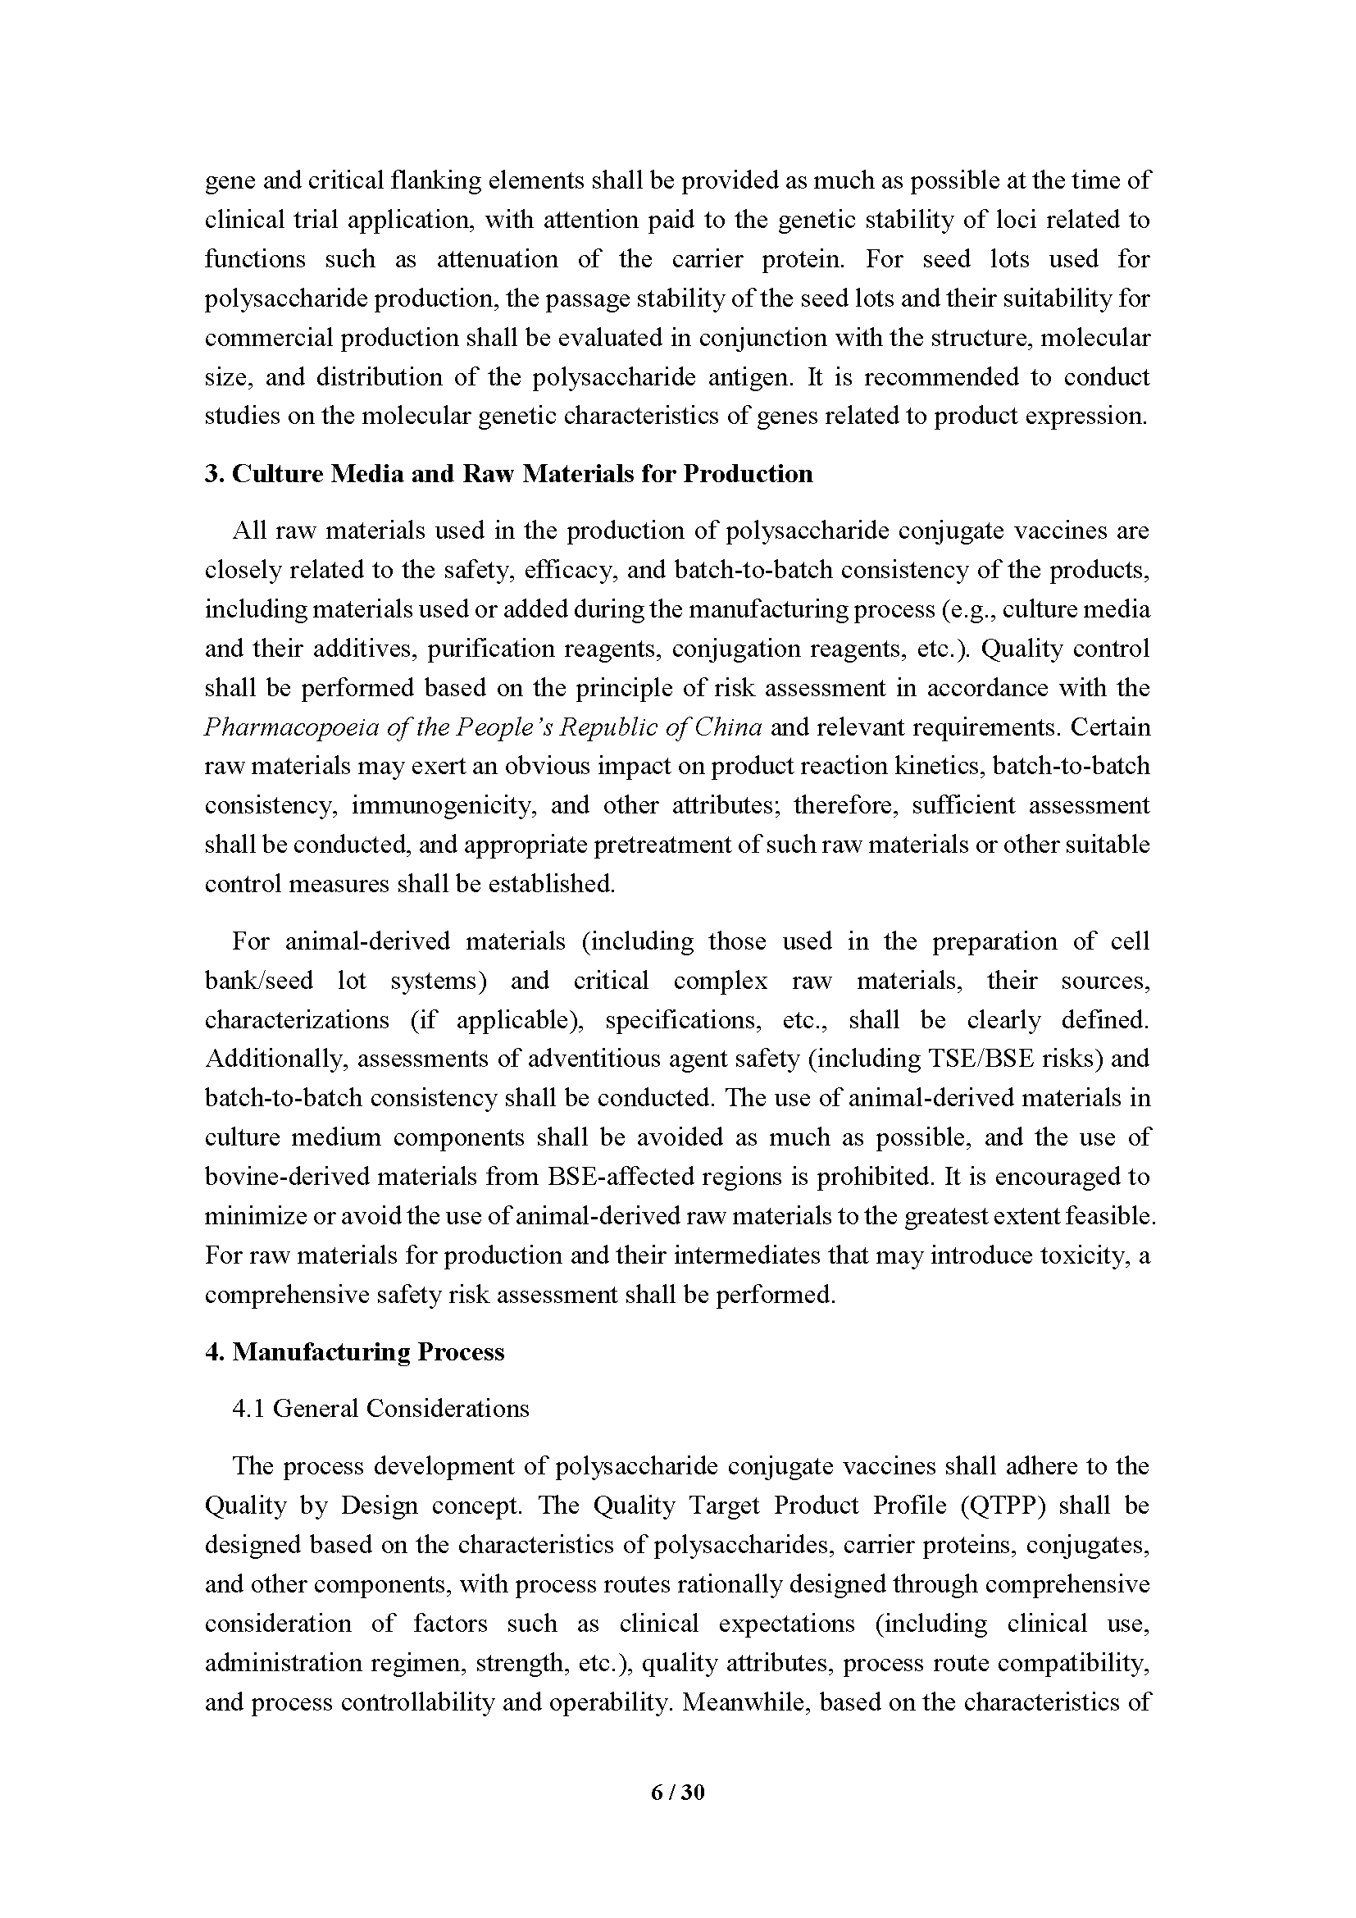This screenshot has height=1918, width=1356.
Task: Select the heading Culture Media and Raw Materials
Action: pos(508,474)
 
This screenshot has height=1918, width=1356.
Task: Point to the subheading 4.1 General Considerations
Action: pos(380,1409)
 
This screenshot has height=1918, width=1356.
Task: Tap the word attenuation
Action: pos(498,259)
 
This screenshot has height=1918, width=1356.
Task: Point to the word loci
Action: pos(1016,220)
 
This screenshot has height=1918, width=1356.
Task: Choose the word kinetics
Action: pos(941,766)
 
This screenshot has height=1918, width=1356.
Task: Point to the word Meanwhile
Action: pos(744,1702)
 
